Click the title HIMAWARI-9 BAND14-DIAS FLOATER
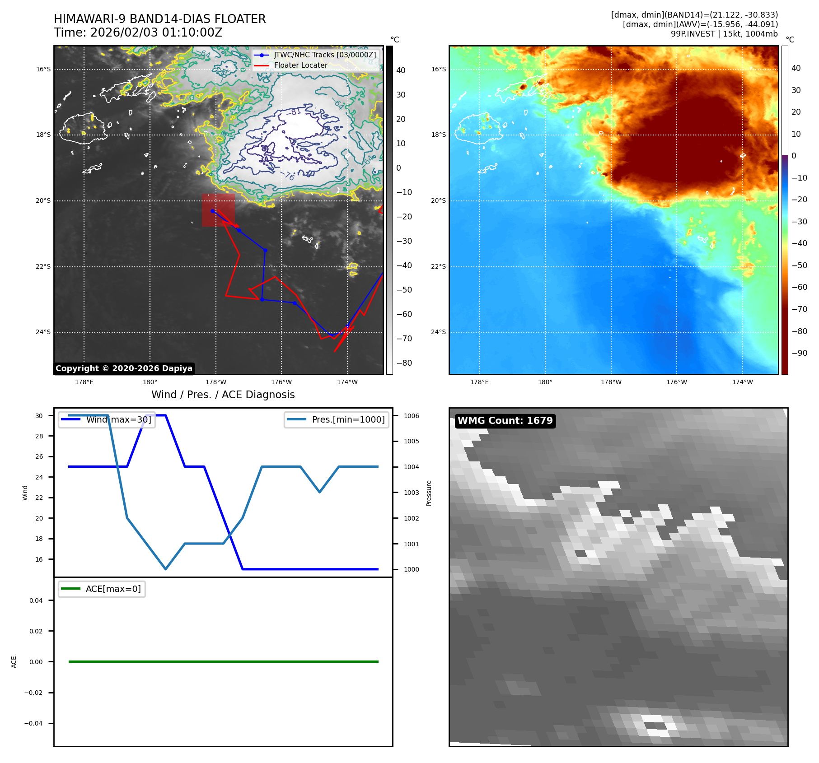coord(159,19)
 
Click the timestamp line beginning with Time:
coord(138,33)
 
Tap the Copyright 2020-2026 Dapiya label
coord(124,368)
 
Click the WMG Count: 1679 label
coord(505,421)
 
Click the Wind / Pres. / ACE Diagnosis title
coord(223,395)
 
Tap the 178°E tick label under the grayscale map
coord(84,382)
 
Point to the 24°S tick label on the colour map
coord(438,332)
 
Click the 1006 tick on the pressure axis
coord(411,416)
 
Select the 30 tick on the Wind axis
coord(39,416)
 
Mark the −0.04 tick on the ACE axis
coord(33,723)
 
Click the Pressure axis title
coord(429,493)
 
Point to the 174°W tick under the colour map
coord(742,382)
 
